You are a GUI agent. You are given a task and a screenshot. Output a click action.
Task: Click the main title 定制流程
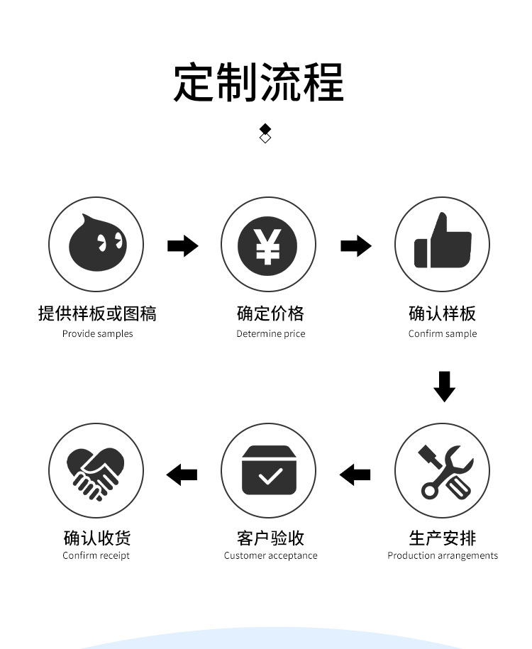259,83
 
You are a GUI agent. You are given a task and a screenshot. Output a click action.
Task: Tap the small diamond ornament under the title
265,133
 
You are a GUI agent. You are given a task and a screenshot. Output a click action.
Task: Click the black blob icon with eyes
96,244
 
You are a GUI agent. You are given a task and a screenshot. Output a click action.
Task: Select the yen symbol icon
267,244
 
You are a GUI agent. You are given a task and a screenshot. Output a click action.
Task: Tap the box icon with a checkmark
268,470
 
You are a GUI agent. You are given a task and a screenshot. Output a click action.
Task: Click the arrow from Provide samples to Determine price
183,246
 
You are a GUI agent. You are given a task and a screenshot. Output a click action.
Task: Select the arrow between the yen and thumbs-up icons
356,246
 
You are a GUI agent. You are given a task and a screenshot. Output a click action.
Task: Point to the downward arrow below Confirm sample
444,386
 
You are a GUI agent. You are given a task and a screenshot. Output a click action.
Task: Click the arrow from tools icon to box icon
355,474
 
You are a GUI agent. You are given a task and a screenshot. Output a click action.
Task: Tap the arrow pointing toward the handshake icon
182,474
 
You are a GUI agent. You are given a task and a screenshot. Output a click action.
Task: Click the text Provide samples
97,334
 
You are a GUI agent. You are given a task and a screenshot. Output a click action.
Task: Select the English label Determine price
270,334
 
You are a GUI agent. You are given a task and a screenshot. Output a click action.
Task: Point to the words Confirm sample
443,334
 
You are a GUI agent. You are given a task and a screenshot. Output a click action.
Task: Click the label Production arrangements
443,556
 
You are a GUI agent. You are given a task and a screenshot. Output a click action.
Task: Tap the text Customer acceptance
270,556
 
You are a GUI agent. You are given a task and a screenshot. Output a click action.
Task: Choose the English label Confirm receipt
96,556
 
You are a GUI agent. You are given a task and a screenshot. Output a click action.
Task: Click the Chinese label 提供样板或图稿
97,313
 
